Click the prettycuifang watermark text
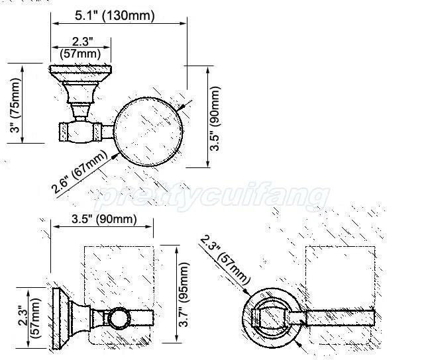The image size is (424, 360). (212, 197)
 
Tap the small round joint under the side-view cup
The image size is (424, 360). (119, 317)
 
